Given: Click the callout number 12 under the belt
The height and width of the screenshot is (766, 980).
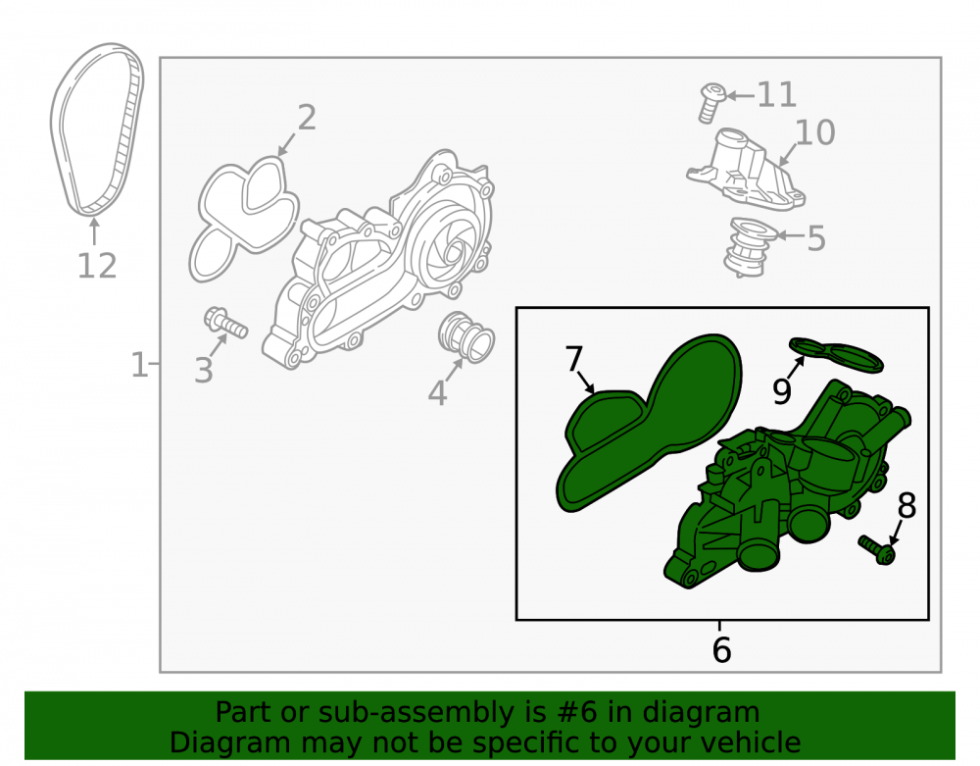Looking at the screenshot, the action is (97, 266).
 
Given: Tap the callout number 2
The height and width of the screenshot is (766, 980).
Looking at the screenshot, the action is (306, 118).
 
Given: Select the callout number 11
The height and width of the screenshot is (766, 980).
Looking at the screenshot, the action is (777, 95).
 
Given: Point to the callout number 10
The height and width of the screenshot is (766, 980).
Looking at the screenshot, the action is (815, 132).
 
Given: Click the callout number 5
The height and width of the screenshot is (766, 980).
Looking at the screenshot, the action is (816, 238).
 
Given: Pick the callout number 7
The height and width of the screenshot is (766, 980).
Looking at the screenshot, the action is (573, 360).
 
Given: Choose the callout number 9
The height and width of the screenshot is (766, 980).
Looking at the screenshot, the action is (782, 390).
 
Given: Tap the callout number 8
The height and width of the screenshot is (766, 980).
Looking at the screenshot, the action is (906, 506).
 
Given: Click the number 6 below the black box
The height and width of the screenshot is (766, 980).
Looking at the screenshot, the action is (721, 649).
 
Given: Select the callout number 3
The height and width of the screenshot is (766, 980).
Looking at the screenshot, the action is (204, 370).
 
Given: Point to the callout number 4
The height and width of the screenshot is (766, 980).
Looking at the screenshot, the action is (437, 392).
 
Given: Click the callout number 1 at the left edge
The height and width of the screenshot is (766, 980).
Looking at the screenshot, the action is (139, 364).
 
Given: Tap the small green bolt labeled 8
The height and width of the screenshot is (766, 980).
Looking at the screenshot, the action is (876, 550).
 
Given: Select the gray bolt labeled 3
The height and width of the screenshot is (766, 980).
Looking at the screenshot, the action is (225, 323).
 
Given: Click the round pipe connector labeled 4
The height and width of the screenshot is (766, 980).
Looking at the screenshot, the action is (466, 337).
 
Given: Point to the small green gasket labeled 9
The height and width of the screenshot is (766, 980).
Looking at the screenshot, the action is (836, 354).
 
